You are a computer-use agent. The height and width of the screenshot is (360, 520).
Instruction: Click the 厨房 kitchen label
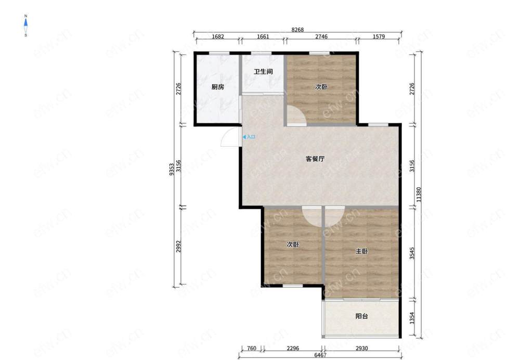(218, 87)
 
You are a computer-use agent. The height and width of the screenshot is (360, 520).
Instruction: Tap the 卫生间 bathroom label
(263, 71)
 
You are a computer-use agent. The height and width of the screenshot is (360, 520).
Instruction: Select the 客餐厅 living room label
(315, 159)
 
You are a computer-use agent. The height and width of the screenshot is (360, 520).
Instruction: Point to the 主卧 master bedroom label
(362, 251)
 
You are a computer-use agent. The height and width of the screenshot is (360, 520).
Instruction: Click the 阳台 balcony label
(362, 316)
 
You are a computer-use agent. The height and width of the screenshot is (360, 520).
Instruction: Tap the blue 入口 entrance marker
(249, 137)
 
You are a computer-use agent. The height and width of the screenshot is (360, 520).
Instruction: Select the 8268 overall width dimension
(297, 30)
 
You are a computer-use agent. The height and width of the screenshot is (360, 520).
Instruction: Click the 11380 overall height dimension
(419, 195)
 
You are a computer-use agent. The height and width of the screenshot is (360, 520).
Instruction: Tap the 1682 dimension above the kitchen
(218, 36)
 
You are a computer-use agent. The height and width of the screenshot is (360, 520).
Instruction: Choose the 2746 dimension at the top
(321, 36)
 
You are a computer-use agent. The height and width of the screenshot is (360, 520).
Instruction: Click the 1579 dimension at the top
(379, 36)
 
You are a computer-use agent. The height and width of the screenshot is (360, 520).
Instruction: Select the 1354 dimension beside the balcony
(412, 318)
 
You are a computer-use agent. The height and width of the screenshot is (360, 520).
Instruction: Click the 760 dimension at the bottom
(252, 348)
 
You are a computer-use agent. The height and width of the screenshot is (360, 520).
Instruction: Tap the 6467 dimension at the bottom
(320, 355)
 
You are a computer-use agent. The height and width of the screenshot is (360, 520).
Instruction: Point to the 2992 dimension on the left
(178, 246)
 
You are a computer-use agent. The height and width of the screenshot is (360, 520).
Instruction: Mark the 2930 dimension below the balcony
(362, 348)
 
